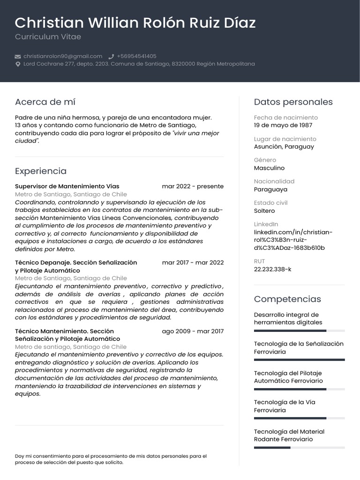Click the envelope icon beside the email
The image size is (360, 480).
point(18,56)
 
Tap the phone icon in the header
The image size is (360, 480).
point(111,56)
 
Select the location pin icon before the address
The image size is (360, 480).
point(18,64)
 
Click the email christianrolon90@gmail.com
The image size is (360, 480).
point(63,56)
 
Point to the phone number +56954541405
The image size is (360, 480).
point(136,56)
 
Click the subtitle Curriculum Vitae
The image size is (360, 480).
point(48,37)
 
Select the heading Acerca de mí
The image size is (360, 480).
point(45,102)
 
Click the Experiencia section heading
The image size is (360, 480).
point(41,171)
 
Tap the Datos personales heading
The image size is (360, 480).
point(293,102)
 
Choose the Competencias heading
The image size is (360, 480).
point(287,299)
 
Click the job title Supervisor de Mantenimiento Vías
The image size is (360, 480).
point(67,186)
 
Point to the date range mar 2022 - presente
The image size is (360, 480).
point(193,186)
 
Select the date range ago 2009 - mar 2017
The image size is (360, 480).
point(193,331)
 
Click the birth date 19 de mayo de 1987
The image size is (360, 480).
point(283,125)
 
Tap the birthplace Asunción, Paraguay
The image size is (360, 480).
point(284,147)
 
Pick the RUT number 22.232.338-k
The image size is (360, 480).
point(272,270)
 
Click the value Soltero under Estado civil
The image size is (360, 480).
point(264,211)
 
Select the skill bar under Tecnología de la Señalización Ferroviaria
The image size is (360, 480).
point(299,360)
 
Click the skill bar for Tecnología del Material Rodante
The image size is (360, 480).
point(299,448)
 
